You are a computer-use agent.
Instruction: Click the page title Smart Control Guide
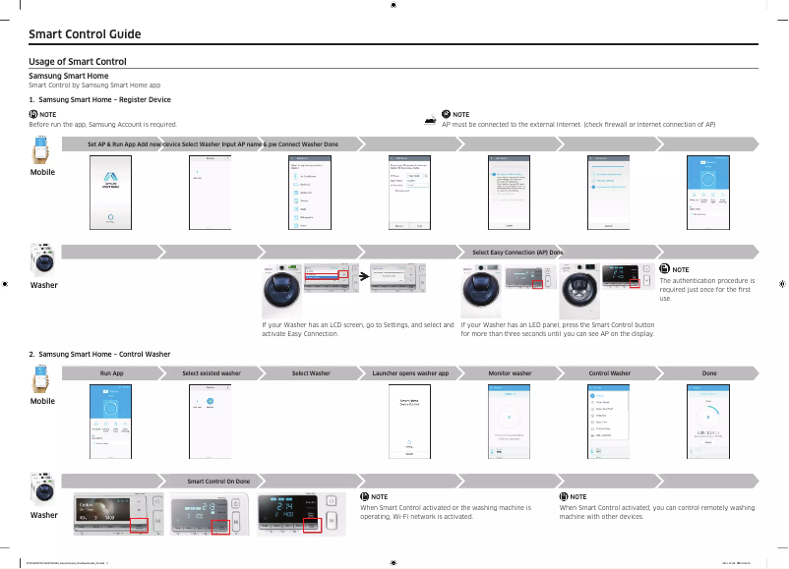point(85,34)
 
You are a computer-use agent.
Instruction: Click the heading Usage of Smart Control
point(78,62)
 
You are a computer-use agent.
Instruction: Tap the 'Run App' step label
point(111,373)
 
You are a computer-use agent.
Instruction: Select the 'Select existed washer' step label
point(212,373)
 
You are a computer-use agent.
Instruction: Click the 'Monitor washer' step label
point(510,373)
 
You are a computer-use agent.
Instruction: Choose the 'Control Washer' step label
point(609,373)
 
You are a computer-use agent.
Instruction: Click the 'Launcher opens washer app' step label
point(410,373)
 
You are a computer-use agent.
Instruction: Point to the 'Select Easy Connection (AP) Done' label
point(517,253)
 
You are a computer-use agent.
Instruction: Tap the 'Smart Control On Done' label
point(218,481)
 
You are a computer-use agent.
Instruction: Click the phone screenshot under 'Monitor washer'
point(510,421)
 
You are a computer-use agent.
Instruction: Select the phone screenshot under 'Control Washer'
point(609,421)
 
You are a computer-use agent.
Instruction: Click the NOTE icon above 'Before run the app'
point(33,114)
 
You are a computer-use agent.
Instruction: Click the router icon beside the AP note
point(430,119)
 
